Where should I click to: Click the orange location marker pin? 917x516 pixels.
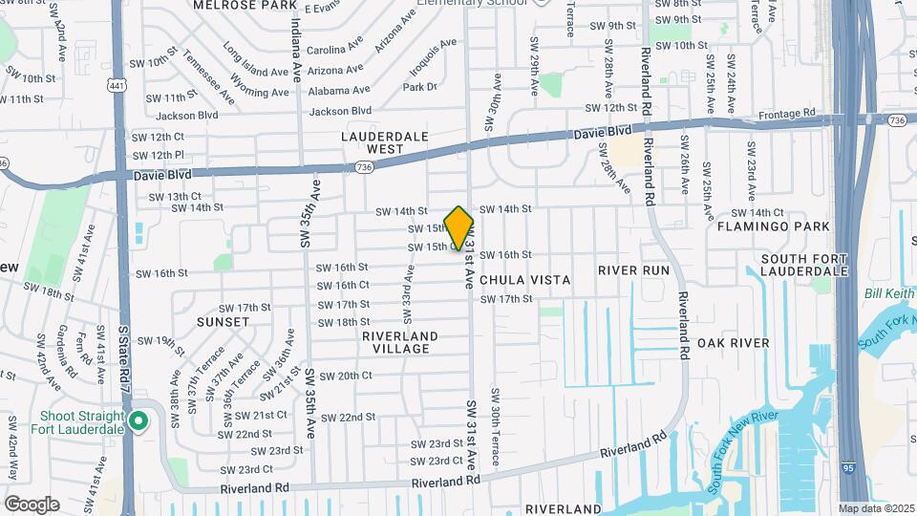(459, 227)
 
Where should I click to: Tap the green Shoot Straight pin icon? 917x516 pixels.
(139, 420)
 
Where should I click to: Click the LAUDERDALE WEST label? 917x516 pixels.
(385, 142)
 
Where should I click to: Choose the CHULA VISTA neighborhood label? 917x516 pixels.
(525, 280)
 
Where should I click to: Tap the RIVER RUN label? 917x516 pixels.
(633, 270)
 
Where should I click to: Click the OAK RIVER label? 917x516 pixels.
(734, 343)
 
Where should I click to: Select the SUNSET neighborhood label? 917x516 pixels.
(223, 322)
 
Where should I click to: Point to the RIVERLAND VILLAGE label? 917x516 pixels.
(400, 342)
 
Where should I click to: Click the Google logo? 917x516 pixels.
(31, 505)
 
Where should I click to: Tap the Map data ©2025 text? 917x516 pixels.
(875, 508)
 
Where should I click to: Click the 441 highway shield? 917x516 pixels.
(117, 86)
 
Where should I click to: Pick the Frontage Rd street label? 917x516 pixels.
(789, 114)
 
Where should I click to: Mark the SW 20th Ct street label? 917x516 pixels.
(346, 376)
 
